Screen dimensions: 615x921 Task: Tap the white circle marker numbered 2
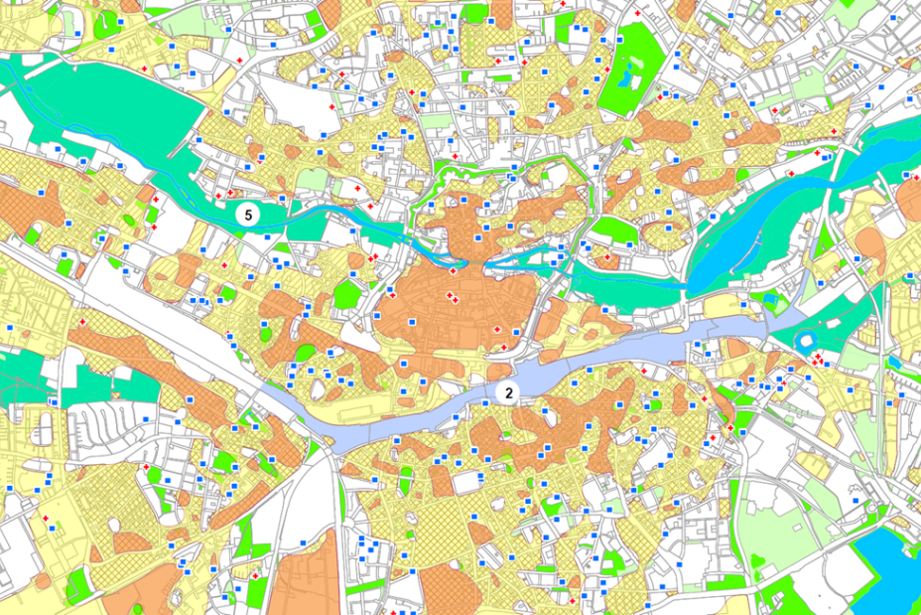[508, 392]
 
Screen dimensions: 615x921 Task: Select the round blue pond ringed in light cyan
[805, 342]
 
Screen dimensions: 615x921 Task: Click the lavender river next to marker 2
[595, 362]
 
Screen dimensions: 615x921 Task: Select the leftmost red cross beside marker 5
[217, 196]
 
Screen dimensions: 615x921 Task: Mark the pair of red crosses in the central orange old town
[453, 297]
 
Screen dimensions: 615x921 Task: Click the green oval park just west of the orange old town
[346, 295]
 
